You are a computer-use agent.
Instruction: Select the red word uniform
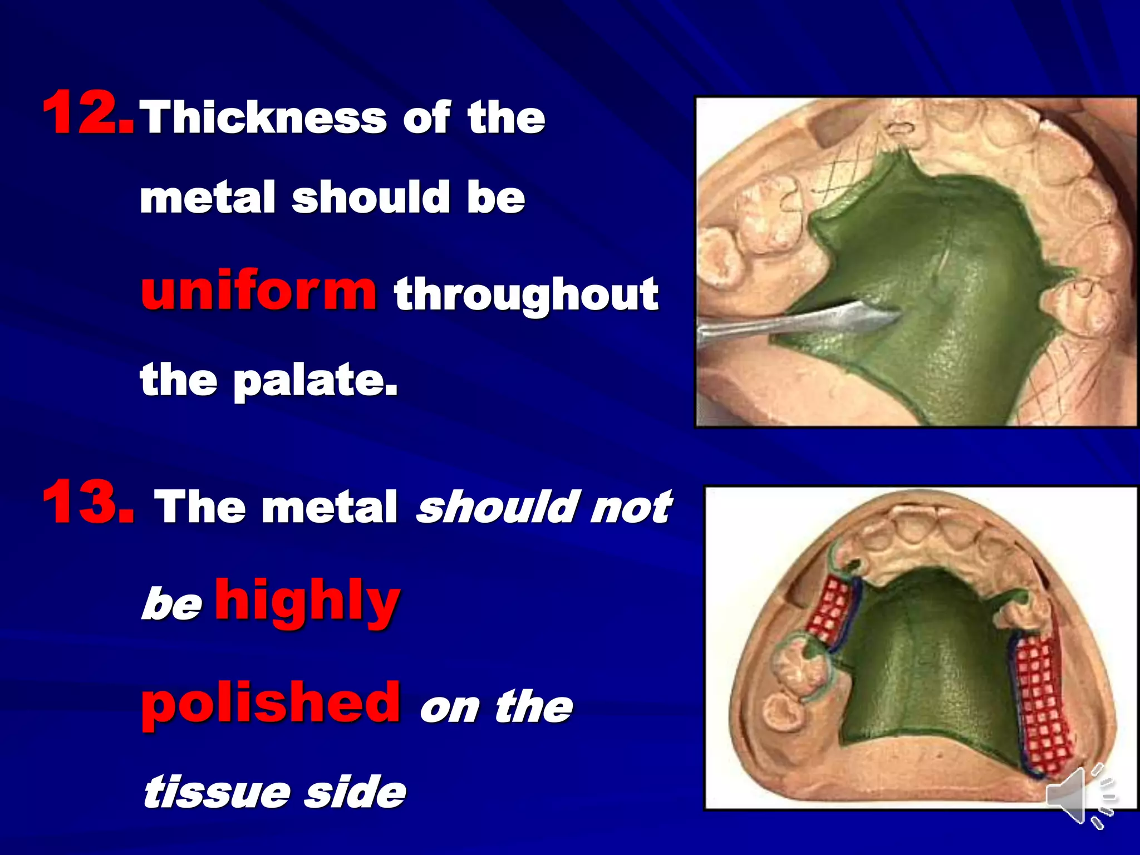click(259, 291)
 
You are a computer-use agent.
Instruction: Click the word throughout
click(526, 295)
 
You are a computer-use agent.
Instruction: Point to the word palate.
click(315, 381)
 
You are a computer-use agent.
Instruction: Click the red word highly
click(307, 601)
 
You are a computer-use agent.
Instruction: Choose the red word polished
click(271, 702)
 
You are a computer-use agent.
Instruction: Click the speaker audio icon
click(1080, 795)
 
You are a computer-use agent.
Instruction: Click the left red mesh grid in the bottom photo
click(826, 612)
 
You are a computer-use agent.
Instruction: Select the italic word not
click(630, 508)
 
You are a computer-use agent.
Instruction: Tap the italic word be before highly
click(171, 605)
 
